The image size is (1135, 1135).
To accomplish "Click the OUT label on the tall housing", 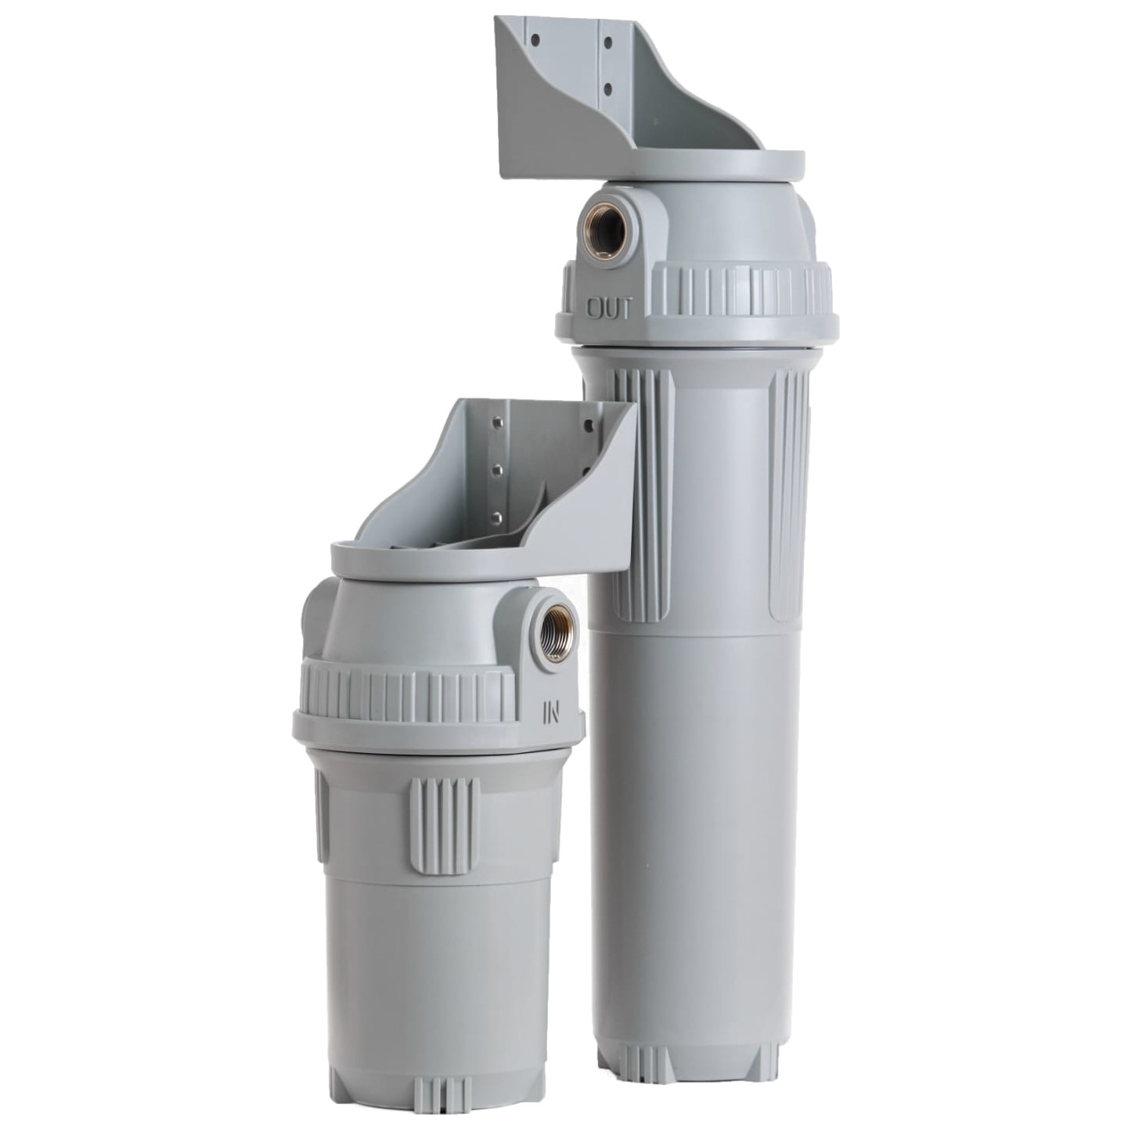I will pos(608,309).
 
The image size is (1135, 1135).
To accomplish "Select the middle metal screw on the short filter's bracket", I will pos(495,469).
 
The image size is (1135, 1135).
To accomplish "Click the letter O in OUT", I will pos(596,309).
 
